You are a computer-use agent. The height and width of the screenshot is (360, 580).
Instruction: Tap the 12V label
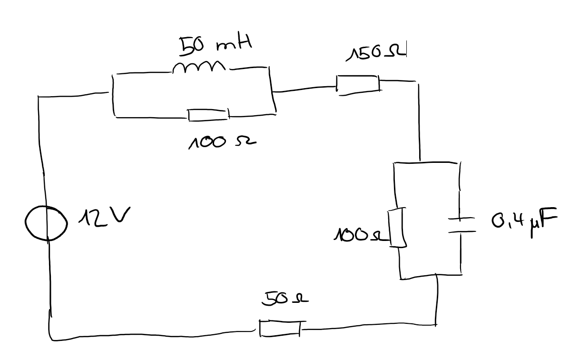coord(104,217)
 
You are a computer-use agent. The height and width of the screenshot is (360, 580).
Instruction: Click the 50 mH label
coord(216,46)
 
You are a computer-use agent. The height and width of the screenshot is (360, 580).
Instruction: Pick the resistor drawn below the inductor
coord(209,115)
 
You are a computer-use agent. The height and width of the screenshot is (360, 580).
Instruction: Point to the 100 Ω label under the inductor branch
coord(222,142)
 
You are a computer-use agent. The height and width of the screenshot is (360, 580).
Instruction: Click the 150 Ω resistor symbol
coord(358,85)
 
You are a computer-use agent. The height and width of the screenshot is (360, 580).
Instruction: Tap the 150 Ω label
coord(376,53)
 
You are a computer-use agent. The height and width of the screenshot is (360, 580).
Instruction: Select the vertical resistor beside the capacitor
coord(397,227)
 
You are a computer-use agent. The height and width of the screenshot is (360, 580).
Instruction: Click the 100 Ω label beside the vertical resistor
coord(361,236)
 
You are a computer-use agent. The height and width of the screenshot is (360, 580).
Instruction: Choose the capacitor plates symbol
coord(462,225)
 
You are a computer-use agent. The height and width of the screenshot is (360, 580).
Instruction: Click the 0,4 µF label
coord(524,222)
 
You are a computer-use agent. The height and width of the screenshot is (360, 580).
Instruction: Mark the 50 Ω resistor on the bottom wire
coord(280,329)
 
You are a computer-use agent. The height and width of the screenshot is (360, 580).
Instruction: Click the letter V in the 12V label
coord(121,215)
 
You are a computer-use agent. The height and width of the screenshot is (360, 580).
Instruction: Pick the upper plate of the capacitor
coord(462,219)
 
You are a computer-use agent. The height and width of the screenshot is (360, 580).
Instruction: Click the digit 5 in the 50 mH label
coord(186,47)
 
